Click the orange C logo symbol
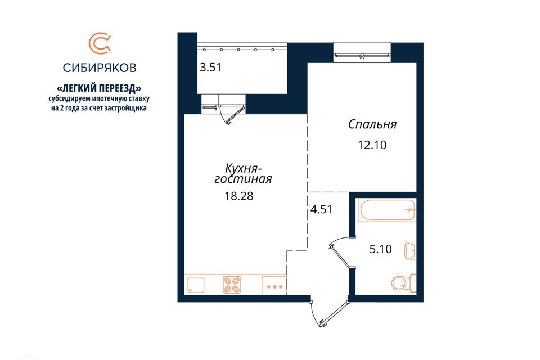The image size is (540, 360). (99, 43)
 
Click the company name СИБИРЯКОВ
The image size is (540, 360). (100, 67)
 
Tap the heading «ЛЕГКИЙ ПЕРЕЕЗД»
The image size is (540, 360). (99, 88)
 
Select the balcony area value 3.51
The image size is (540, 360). (210, 67)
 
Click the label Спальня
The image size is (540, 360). (372, 124)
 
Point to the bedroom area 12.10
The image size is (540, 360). (372, 145)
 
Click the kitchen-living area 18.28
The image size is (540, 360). (239, 196)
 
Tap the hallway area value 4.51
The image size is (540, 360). (321, 209)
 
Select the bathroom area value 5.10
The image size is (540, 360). (381, 249)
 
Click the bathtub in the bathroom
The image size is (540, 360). (388, 209)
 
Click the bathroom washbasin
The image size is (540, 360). (410, 250)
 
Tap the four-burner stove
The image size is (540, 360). (232, 285)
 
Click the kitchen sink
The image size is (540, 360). (196, 285)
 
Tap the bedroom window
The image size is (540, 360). (362, 52)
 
